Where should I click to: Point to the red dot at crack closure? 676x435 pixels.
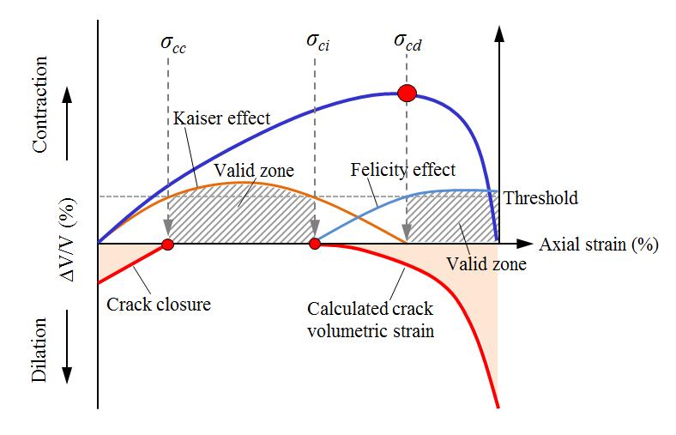(168, 245)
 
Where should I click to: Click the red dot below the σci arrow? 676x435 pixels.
(315, 245)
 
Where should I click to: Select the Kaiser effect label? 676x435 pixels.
(221, 118)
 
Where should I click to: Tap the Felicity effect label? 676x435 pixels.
(403, 170)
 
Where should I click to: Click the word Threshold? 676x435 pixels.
(540, 198)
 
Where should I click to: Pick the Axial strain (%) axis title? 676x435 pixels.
(599, 244)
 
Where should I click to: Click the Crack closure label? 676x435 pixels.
(159, 304)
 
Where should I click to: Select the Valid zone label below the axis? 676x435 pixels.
(486, 264)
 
